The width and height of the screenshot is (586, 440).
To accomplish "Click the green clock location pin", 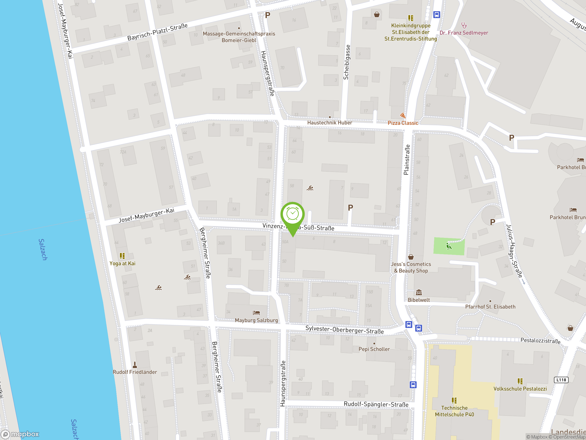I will point(293,214).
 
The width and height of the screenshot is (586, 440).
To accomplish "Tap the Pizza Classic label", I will point(403,123).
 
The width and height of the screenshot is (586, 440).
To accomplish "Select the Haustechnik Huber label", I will point(330,123).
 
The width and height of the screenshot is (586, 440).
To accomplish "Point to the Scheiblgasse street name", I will point(347,62).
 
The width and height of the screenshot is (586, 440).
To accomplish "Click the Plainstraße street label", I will point(406,160).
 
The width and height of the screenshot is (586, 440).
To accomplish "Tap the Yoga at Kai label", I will point(122,263).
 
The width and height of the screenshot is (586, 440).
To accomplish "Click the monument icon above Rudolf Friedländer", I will point(135,365).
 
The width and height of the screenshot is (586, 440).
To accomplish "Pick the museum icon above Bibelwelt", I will point(419,293).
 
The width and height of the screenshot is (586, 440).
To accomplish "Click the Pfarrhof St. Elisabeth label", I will point(490,307).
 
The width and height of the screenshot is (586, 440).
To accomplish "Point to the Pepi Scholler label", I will point(374,349).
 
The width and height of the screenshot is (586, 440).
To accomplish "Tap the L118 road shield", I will point(561,380).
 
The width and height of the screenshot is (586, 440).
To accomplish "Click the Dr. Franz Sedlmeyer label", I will point(464,33).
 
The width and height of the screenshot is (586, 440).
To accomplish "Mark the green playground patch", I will point(449,246).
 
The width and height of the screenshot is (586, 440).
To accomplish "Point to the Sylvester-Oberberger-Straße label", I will point(345,330).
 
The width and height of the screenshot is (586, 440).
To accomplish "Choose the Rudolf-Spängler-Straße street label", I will point(376,404).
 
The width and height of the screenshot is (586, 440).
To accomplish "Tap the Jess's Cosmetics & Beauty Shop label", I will point(411,267).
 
